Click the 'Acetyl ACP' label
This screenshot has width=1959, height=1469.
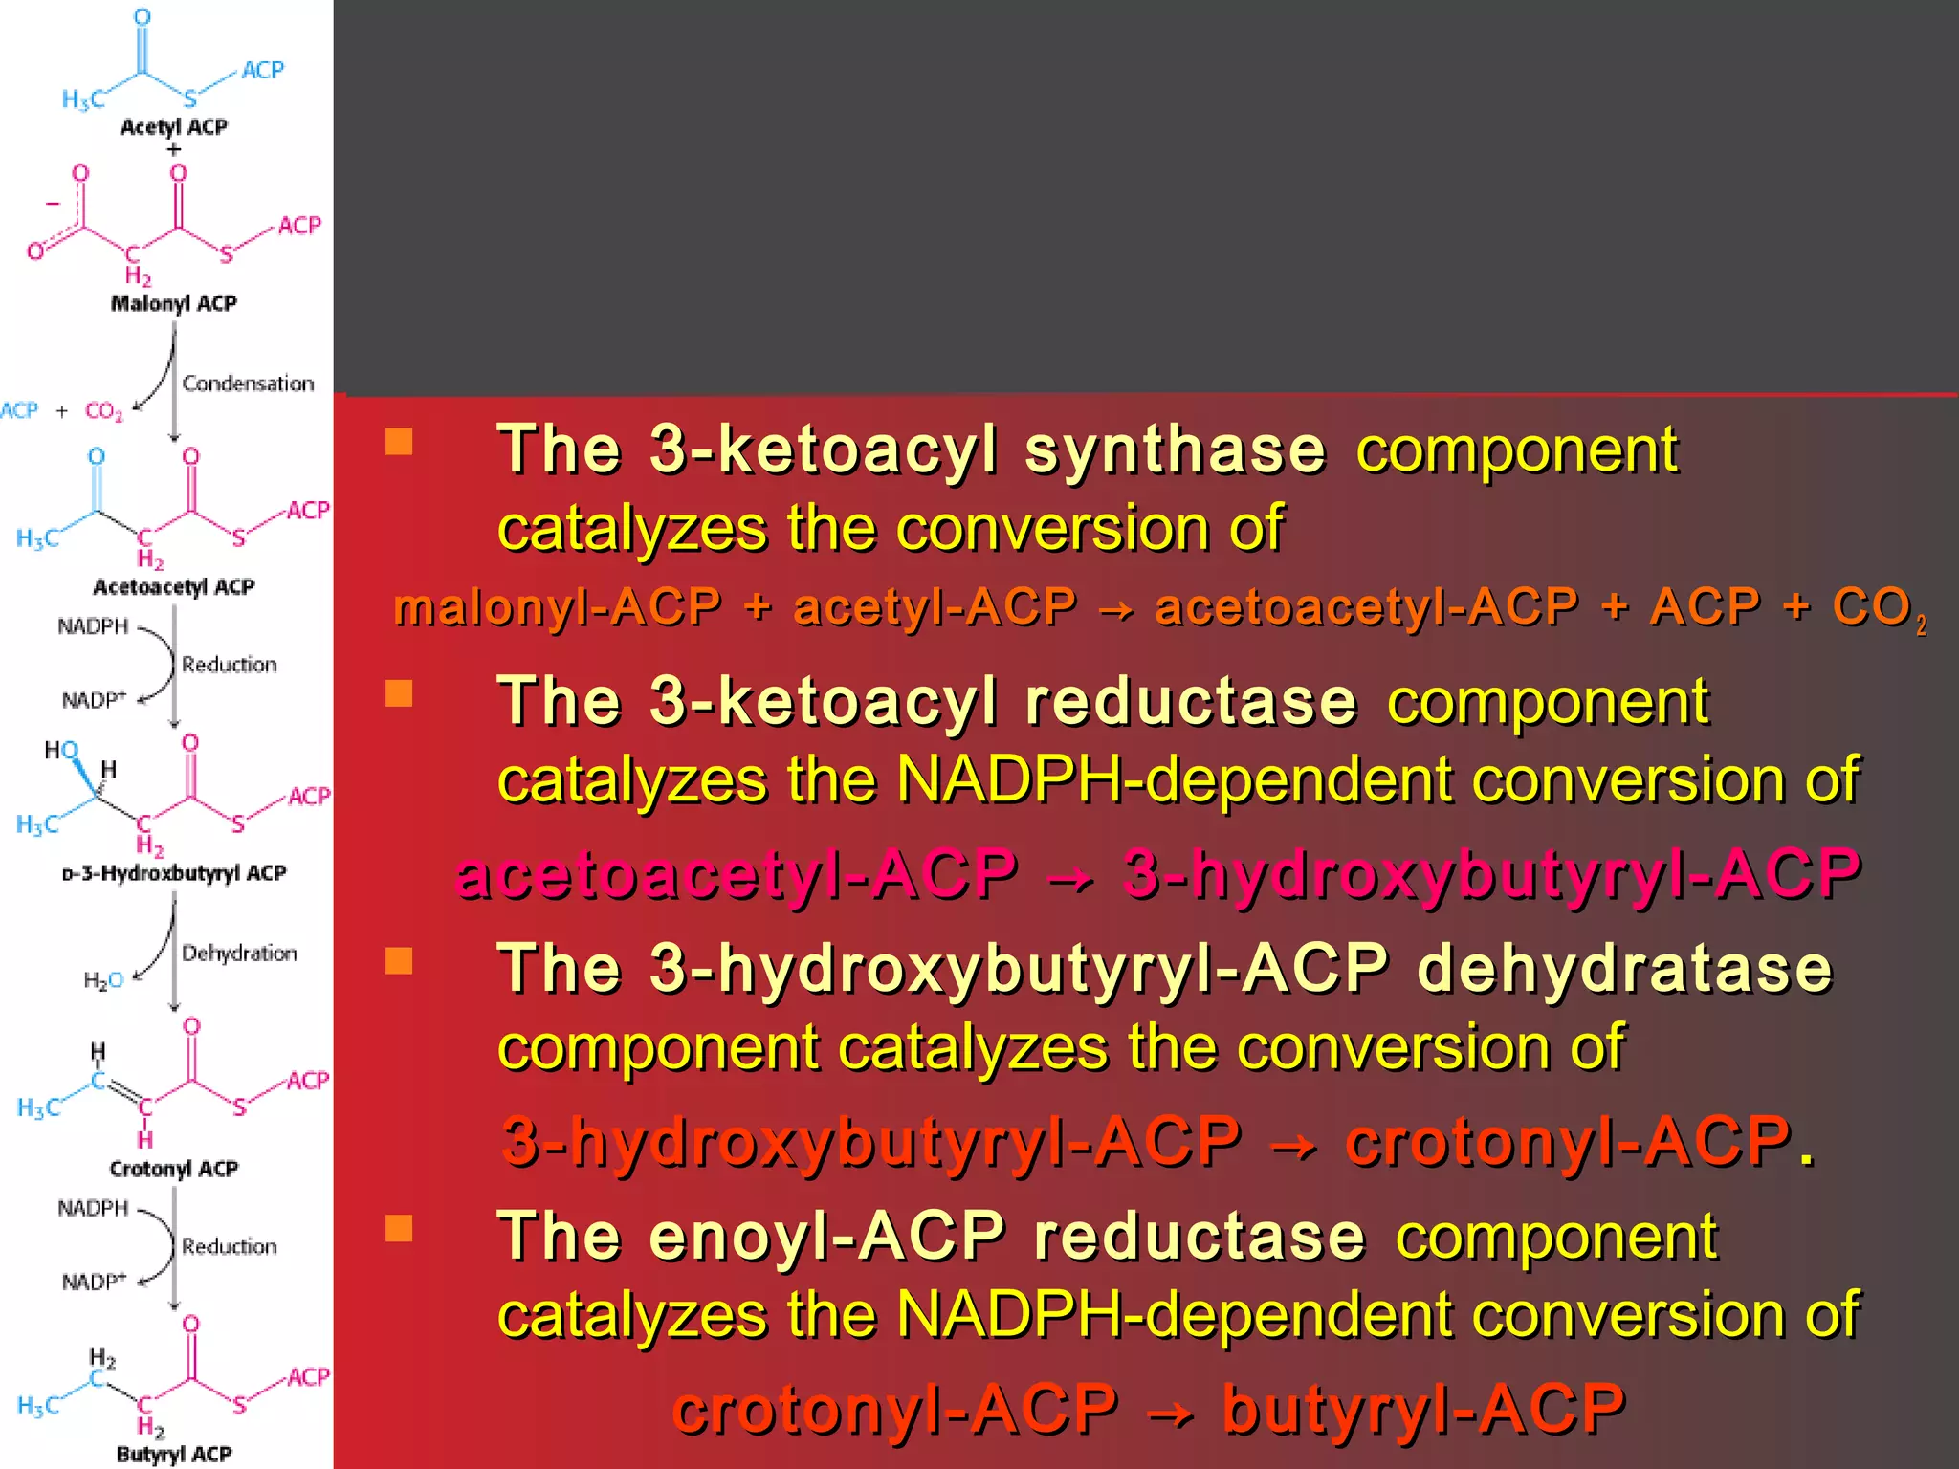click(173, 127)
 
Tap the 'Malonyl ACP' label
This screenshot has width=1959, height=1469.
click(173, 304)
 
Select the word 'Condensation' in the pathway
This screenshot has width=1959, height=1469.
click(248, 384)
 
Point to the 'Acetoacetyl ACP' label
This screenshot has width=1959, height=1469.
click(173, 587)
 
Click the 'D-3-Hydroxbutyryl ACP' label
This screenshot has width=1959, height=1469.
click(173, 873)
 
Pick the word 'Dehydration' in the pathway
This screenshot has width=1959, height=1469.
click(239, 954)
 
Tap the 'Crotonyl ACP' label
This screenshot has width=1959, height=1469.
click(173, 1169)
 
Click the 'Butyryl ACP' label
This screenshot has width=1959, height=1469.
click(173, 1455)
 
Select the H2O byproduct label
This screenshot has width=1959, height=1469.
click(103, 980)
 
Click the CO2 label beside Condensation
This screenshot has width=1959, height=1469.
click(103, 411)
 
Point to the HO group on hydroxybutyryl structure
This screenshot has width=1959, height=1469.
click(61, 750)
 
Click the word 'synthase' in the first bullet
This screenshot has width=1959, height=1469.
click(1175, 449)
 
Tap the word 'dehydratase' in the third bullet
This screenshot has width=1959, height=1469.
click(1624, 968)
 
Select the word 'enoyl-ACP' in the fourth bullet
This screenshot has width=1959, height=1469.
click(826, 1236)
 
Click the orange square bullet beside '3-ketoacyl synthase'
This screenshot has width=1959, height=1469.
click(399, 441)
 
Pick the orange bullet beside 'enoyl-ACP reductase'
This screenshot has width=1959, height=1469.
click(399, 1228)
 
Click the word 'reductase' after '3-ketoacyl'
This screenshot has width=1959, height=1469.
click(1190, 701)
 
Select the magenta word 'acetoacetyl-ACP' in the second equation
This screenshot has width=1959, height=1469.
click(737, 874)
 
